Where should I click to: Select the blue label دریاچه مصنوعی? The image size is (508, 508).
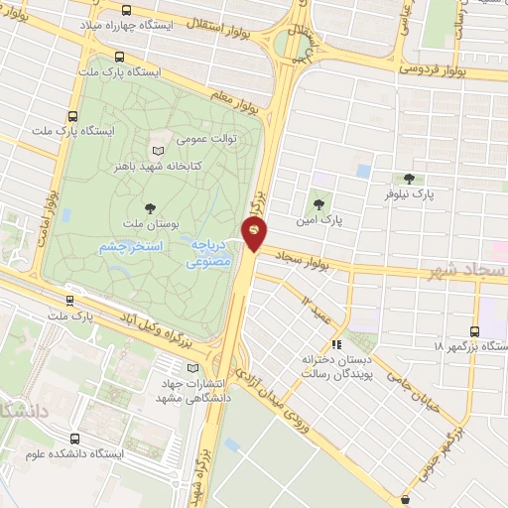pos(209,254)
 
